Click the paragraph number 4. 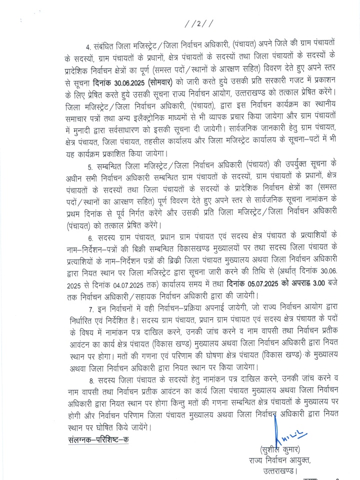coord(88,47)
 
